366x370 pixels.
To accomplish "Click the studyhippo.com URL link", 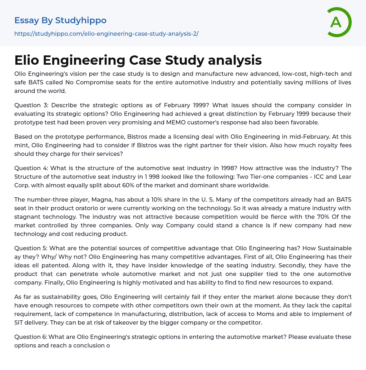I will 106,34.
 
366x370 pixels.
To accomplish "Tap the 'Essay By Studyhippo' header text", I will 60,20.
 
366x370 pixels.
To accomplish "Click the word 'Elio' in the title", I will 28,60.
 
